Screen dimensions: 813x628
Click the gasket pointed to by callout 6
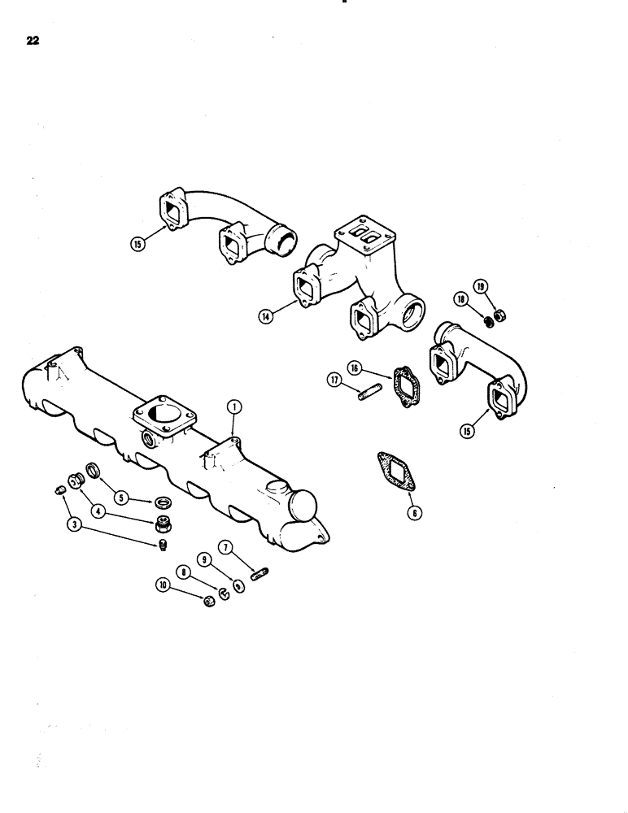(394, 472)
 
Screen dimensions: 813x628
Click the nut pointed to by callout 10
(209, 601)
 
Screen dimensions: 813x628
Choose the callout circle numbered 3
(75, 525)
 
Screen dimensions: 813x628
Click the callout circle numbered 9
(204, 559)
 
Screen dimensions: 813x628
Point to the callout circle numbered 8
(185, 572)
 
